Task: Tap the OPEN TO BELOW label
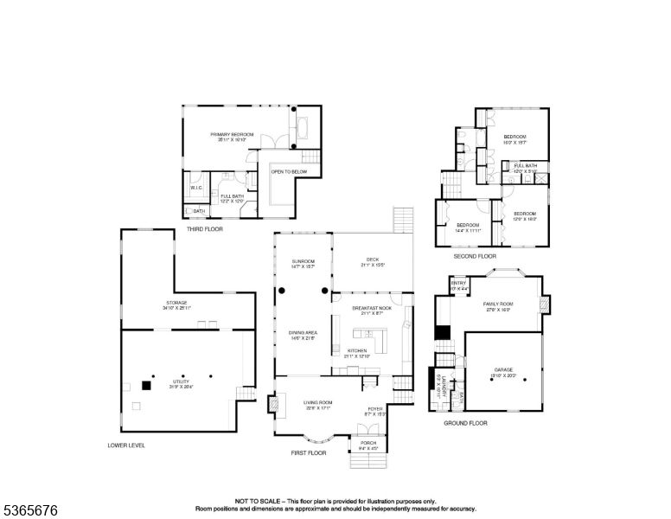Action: pos(289,172)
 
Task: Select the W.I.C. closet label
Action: pos(196,188)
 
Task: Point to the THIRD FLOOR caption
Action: pos(204,229)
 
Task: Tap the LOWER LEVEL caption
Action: pos(126,445)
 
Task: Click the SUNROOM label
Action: pos(303,261)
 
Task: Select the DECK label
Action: pos(373,259)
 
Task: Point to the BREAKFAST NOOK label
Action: pos(372,308)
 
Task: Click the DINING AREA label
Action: pos(303,333)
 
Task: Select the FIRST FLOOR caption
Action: pos(308,452)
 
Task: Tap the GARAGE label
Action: pos(504,368)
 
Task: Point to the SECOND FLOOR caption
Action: pos(475,256)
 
